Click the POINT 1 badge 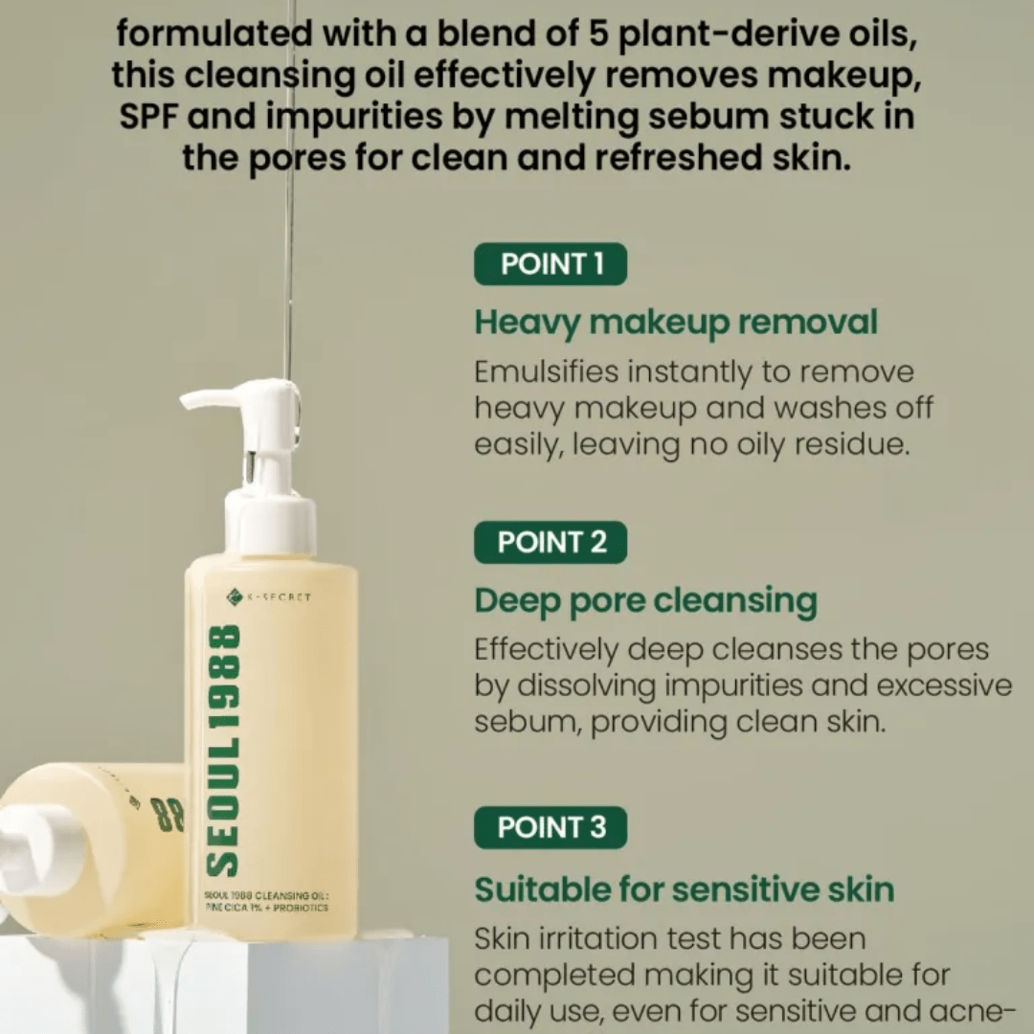click(551, 264)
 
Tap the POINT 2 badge click(551, 542)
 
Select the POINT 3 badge click(551, 827)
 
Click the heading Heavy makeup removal click(676, 323)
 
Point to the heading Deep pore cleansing click(646, 601)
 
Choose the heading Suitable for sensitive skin click(685, 889)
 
